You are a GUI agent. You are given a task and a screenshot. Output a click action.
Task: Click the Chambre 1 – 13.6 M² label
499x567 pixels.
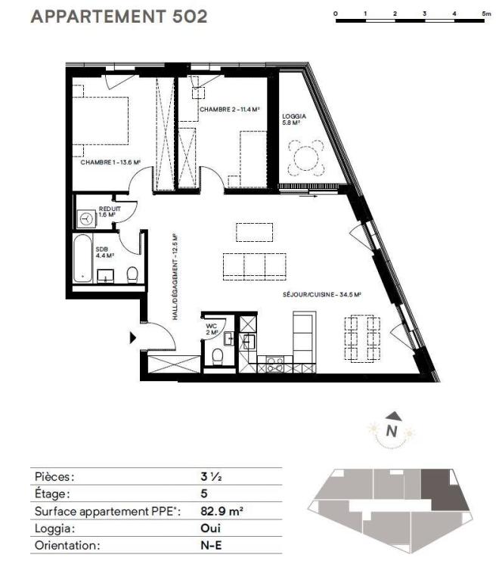pyautogui.click(x=110, y=163)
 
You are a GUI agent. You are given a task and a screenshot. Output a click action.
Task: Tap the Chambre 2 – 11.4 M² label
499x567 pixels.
pyautogui.click(x=230, y=109)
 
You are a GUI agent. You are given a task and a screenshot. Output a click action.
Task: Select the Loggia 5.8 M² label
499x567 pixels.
pyautogui.click(x=294, y=119)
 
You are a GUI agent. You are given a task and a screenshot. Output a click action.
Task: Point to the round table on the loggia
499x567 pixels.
pyautogui.click(x=306, y=158)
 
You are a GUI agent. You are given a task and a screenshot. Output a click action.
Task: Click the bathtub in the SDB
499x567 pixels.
pyautogui.click(x=83, y=259)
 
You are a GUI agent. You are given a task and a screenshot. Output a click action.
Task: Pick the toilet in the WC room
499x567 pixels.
pyautogui.click(x=218, y=357)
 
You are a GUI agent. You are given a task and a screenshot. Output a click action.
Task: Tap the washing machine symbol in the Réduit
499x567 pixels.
pyautogui.click(x=86, y=218)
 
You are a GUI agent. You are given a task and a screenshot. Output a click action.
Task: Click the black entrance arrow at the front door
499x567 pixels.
pyautogui.click(x=133, y=338)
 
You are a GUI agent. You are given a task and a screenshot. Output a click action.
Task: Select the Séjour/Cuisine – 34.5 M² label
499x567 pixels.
pyautogui.click(x=322, y=295)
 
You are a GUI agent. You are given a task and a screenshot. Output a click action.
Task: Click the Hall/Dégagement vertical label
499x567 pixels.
pyautogui.click(x=175, y=277)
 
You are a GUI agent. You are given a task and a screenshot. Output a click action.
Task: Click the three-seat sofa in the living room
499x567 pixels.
pyautogui.click(x=255, y=267)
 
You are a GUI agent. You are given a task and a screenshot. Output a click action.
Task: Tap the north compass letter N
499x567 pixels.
pyautogui.click(x=392, y=431)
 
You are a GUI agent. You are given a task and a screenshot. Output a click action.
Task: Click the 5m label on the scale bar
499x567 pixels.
pyautogui.click(x=486, y=14)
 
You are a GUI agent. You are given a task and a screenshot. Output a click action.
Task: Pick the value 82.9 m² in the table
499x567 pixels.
pyautogui.click(x=222, y=511)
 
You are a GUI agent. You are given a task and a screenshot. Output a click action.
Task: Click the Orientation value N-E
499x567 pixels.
pyautogui.click(x=211, y=545)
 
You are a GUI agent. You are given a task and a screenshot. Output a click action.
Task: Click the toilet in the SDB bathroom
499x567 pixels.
pyautogui.click(x=132, y=275)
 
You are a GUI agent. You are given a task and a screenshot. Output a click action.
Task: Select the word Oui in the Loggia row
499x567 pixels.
pyautogui.click(x=210, y=528)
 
